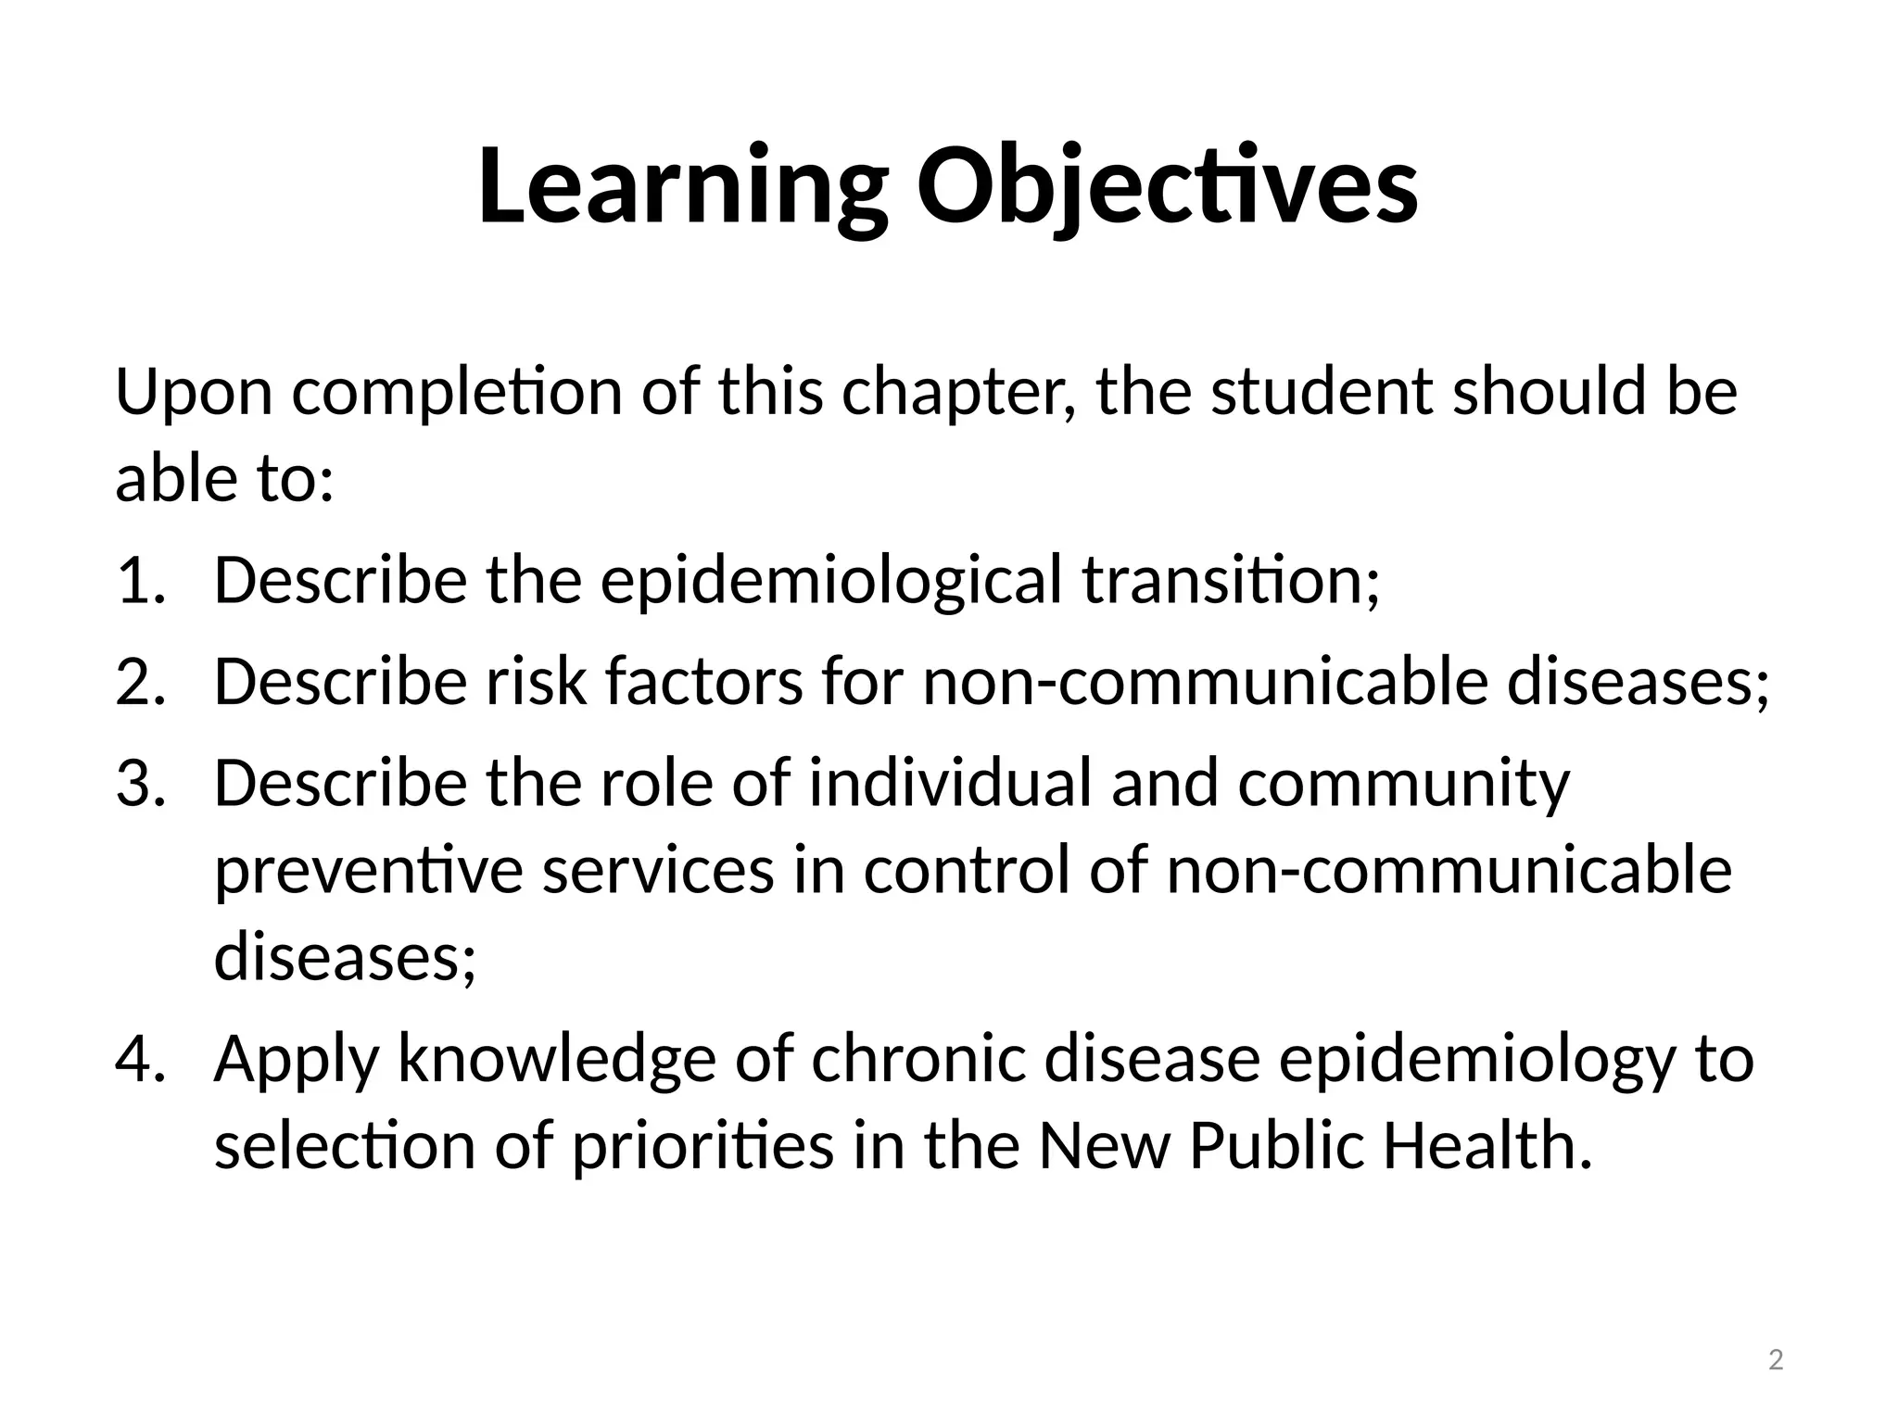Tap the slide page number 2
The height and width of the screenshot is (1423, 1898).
1776,1361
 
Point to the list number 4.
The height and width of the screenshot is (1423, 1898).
140,1059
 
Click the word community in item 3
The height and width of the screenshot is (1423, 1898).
1403,783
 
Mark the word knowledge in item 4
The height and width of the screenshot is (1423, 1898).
557,1059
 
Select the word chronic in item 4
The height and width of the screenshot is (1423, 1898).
918,1059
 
